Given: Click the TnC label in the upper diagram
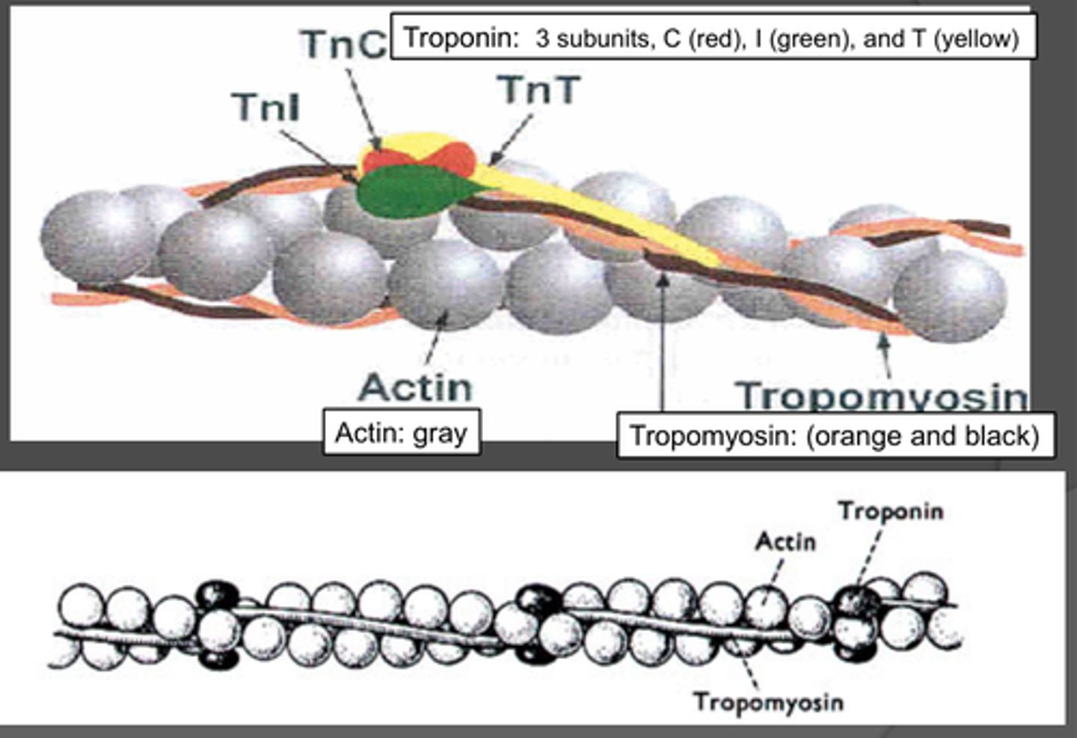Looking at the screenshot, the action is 343,45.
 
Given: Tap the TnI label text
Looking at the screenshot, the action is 266,107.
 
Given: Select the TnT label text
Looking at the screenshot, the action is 539,90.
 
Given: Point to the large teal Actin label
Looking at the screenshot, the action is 416,387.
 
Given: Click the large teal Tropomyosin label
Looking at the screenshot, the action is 882,396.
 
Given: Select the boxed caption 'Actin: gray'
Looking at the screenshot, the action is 401,432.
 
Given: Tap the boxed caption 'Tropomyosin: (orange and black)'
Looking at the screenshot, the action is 835,434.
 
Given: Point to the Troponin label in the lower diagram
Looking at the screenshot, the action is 890,511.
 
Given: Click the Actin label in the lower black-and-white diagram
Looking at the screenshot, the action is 785,541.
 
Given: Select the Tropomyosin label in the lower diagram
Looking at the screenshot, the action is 768,701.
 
